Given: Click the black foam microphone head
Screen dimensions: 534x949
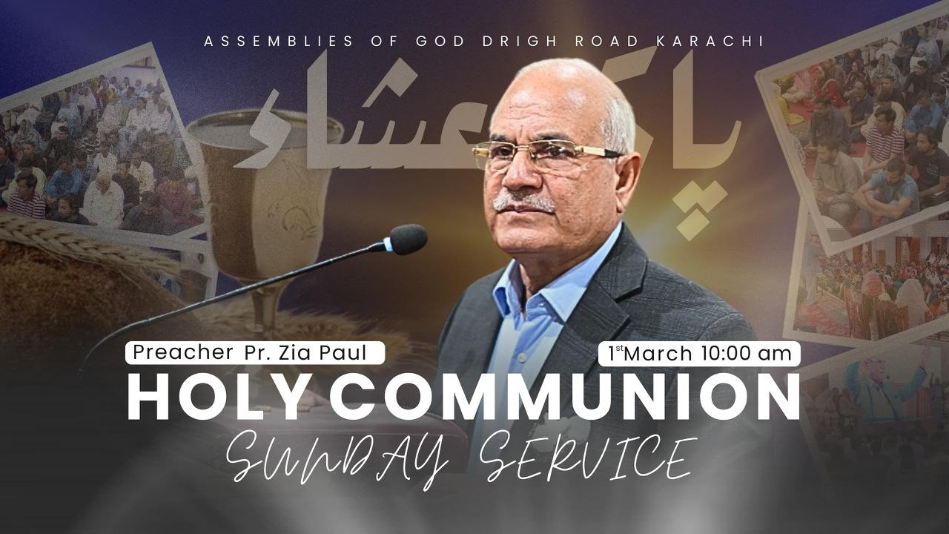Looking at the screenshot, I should tap(409, 239).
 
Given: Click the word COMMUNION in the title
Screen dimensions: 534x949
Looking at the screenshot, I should tap(563, 398).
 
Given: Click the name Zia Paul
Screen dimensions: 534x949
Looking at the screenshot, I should tap(334, 353).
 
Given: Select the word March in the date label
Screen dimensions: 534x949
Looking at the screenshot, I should tap(660, 354).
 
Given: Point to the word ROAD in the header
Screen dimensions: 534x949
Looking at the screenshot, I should tap(607, 41).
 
